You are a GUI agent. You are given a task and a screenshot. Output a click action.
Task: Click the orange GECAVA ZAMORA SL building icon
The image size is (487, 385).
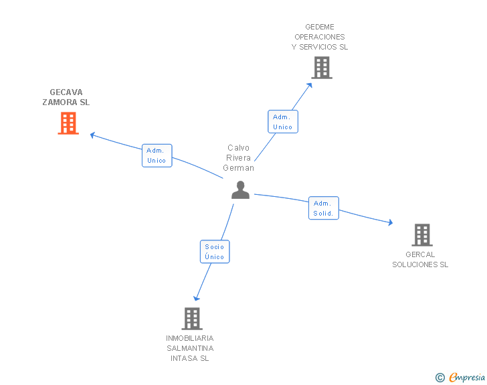click(68, 123)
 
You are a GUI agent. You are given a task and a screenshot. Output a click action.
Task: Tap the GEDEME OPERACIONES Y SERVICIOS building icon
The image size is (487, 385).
click(322, 68)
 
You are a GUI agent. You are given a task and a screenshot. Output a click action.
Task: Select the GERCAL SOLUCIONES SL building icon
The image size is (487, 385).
click(422, 235)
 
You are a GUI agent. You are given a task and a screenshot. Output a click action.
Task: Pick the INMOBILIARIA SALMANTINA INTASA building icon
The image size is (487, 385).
click(192, 319)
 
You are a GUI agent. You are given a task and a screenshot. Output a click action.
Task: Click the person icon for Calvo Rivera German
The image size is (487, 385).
click(240, 190)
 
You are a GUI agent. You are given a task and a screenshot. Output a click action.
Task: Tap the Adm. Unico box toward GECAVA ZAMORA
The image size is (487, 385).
click(157, 155)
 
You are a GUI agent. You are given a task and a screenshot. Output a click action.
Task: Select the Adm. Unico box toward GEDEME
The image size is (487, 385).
click(282, 122)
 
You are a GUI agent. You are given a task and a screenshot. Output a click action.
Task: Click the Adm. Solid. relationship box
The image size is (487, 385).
click(323, 208)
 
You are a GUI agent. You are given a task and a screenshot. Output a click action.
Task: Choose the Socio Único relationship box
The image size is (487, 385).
click(215, 252)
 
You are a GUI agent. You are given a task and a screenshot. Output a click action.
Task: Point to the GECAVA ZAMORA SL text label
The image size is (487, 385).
click(66, 98)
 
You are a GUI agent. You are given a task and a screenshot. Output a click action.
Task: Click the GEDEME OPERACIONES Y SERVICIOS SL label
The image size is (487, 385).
click(320, 37)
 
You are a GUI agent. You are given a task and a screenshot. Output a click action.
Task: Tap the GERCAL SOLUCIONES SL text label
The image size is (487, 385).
click(420, 259)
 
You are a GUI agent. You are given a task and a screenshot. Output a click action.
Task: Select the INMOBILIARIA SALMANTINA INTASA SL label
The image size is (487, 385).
click(190, 348)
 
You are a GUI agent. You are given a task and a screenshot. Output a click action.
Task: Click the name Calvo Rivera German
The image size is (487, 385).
click(239, 158)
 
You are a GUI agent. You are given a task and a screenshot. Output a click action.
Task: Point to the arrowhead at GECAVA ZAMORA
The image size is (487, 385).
click(94, 135)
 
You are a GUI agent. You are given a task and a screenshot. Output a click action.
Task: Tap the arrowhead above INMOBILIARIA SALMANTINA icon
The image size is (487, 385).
click(196, 298)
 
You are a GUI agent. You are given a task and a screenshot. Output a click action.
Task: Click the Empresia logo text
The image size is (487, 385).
click(467, 378)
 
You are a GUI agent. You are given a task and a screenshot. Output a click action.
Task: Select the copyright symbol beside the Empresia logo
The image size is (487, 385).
click(440, 378)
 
